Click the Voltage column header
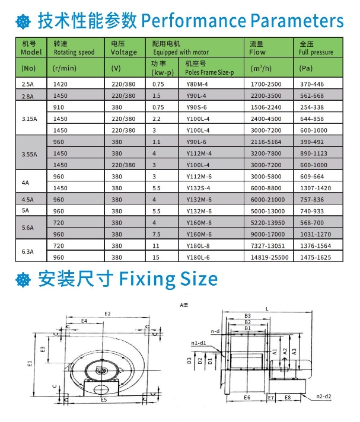click(x=123, y=52)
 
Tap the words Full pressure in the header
click(x=316, y=52)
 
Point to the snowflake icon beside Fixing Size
click(x=23, y=279)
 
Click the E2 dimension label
click(x=107, y=314)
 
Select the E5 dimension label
click(x=104, y=401)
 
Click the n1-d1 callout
click(x=199, y=343)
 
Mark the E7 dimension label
click(x=270, y=397)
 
